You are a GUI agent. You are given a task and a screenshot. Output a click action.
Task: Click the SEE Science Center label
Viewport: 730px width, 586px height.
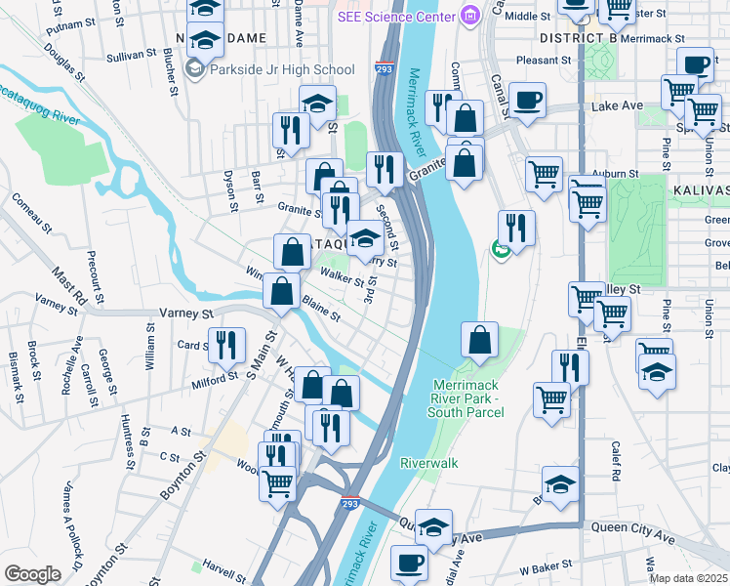[x=396, y=17]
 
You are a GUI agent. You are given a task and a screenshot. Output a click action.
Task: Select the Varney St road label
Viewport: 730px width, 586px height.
[x=185, y=314]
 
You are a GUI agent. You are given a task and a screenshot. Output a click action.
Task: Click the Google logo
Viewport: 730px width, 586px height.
[x=32, y=573]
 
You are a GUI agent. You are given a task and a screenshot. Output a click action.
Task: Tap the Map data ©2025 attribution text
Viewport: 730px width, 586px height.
[x=689, y=578]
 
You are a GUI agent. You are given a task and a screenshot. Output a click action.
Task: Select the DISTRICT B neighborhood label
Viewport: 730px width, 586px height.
[x=579, y=37]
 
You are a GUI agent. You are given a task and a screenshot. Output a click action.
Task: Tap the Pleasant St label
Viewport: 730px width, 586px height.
[x=565, y=60]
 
